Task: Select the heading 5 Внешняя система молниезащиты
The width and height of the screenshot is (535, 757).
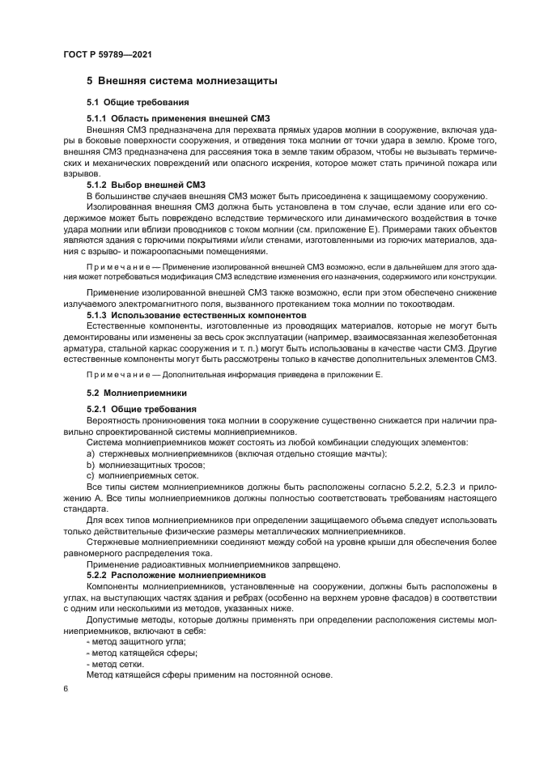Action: click(x=182, y=82)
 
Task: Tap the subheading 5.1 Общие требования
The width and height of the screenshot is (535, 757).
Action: click(x=138, y=103)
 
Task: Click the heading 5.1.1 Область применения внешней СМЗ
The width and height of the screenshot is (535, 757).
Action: click(x=178, y=119)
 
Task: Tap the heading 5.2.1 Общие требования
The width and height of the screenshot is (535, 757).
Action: click(x=141, y=409)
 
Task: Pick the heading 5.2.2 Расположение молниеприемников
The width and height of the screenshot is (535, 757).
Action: click(x=176, y=574)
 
